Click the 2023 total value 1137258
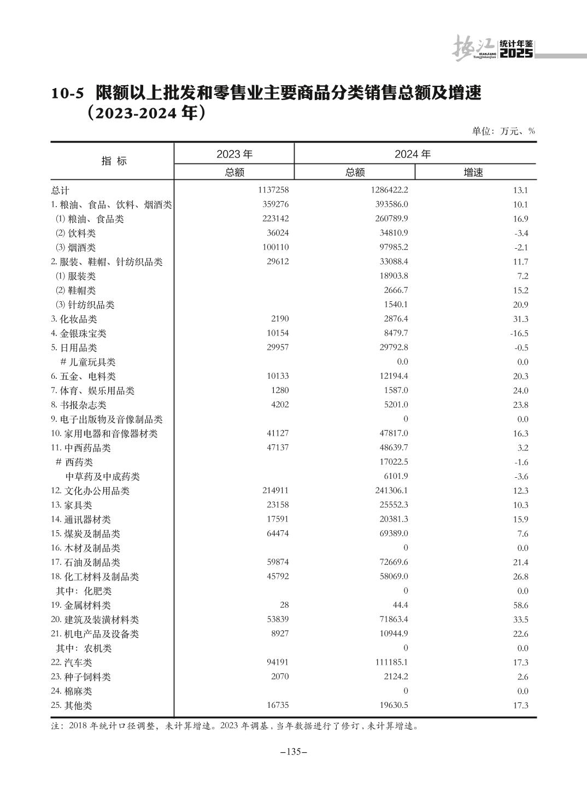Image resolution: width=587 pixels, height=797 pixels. coord(269,190)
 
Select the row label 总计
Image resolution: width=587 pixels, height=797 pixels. coord(60,191)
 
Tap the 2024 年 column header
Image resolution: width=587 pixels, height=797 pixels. coord(413,154)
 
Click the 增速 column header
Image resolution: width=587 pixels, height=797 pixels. coord(473,173)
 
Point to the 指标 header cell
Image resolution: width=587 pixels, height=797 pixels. coord(114,161)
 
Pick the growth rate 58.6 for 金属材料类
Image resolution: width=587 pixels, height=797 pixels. coord(521,606)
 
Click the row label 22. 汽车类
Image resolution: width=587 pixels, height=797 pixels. coord(71,663)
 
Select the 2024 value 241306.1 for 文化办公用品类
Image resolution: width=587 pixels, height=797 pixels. coord(388,491)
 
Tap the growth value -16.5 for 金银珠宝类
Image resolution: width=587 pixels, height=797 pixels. coord(519,333)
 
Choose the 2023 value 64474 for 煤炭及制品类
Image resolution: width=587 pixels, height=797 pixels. coord(277,534)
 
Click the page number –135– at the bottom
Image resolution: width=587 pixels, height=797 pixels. coord(293,752)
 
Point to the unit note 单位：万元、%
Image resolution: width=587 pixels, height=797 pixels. coord(503,131)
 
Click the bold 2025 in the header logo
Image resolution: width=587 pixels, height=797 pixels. coord(516,54)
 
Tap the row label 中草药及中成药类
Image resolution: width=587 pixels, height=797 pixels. coord(103,477)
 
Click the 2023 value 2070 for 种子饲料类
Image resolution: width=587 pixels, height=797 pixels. coord(279,676)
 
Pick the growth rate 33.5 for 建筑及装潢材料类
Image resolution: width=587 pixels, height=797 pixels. coord(521,620)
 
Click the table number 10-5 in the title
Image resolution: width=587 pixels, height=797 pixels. coord(68,94)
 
